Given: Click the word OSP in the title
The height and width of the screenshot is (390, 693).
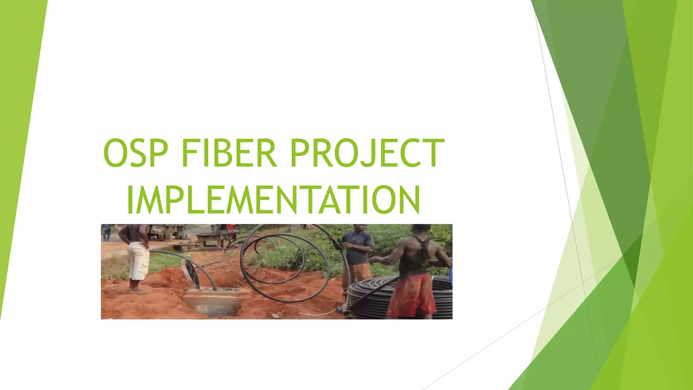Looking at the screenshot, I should [x=135, y=153].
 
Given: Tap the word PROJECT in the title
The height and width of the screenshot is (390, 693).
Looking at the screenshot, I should [x=367, y=153].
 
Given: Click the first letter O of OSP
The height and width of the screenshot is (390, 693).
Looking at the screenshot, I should [x=115, y=153].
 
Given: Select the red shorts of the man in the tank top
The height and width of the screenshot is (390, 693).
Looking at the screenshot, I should [x=412, y=295].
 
